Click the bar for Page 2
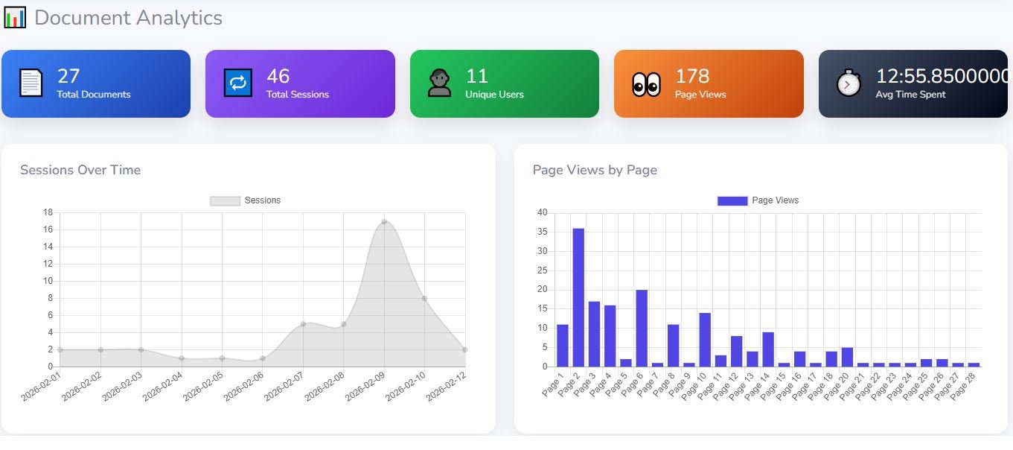(578, 297)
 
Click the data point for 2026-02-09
(384, 221)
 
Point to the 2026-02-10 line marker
(424, 298)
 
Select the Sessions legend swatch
(225, 200)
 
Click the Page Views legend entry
(758, 200)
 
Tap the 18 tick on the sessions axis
(48, 212)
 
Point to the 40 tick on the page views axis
(542, 212)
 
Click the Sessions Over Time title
(80, 170)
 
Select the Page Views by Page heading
(595, 170)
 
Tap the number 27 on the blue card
(68, 76)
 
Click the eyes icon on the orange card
(646, 84)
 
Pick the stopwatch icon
(849, 83)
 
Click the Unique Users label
(494, 95)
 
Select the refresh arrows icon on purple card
(238, 83)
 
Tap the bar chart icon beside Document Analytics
(14, 17)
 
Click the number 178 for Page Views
(692, 76)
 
